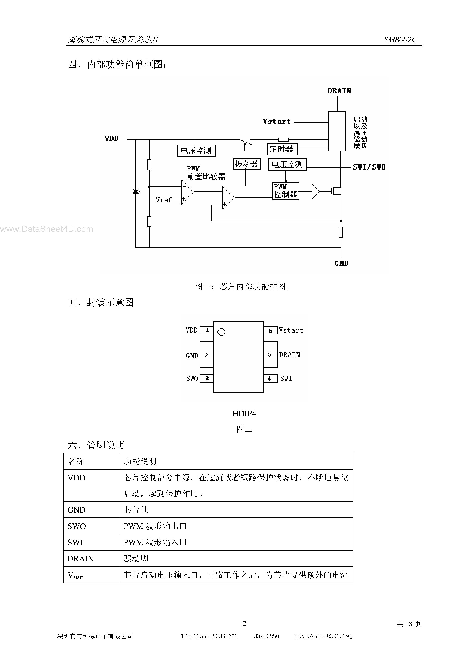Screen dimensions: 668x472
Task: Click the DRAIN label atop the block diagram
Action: [x=339, y=91]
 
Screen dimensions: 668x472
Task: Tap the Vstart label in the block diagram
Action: [x=276, y=122]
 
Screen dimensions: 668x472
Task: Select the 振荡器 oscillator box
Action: [x=247, y=164]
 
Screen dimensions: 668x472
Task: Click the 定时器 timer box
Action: [x=282, y=149]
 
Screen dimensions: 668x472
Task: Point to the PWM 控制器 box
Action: [x=286, y=191]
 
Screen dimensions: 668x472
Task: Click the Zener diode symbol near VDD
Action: [x=136, y=191]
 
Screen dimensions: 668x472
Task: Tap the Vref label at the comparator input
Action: [x=164, y=200]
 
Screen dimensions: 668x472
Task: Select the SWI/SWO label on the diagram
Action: [x=369, y=167]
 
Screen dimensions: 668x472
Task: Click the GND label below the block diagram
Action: [x=341, y=264]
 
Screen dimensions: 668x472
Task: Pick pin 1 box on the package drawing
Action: [x=207, y=330]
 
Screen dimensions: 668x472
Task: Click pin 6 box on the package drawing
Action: [x=270, y=331]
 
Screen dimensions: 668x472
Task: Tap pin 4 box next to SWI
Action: [x=270, y=379]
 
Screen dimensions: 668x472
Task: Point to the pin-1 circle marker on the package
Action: [x=221, y=332]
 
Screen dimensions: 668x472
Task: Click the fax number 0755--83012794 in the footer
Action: [x=323, y=636]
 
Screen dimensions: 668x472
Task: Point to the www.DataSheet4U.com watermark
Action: [x=47, y=229]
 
